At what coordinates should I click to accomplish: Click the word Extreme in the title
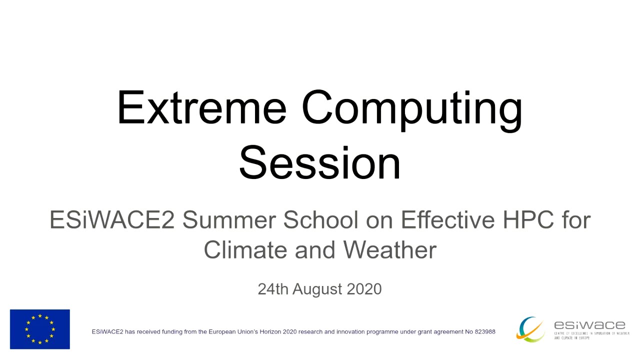click(x=201, y=107)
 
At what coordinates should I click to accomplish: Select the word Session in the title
click(x=320, y=163)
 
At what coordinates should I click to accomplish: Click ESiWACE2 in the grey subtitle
click(x=112, y=220)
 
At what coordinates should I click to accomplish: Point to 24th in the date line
click(x=273, y=289)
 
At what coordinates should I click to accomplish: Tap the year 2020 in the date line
click(x=364, y=289)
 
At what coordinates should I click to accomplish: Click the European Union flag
click(x=40, y=329)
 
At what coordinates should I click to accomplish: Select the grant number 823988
click(x=484, y=331)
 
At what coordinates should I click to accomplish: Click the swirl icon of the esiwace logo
click(x=531, y=329)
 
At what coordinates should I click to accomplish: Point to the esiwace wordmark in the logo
click(x=589, y=325)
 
